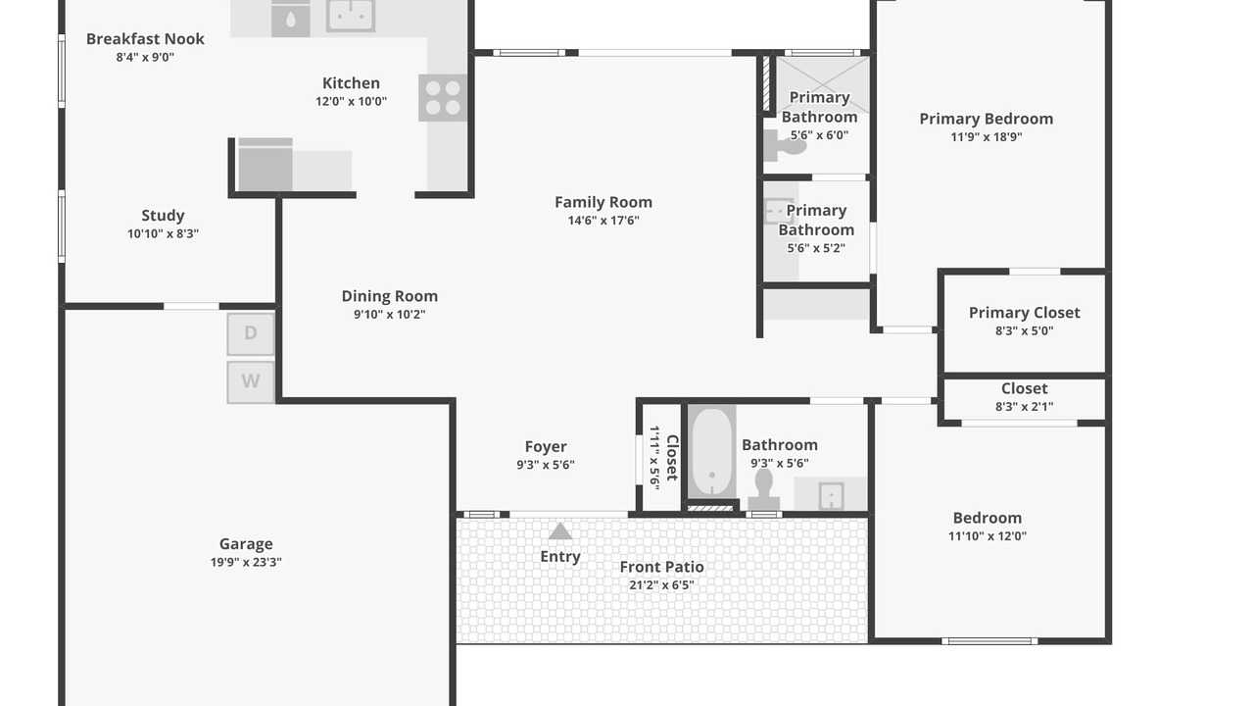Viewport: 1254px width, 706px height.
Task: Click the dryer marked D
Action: (x=250, y=334)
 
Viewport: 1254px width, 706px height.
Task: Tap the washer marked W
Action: (x=250, y=382)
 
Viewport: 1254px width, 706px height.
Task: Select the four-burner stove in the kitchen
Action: (x=443, y=97)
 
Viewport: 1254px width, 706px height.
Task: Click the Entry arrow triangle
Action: (x=559, y=531)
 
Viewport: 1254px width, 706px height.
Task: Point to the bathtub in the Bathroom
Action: (x=711, y=452)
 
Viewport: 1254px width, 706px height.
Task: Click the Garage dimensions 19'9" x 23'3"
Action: (x=246, y=562)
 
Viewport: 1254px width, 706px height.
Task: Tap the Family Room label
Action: (x=603, y=202)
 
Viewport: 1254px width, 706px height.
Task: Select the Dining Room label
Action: (x=390, y=296)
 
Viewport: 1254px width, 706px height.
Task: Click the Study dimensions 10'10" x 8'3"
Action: (x=163, y=233)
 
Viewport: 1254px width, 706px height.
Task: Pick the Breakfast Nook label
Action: (x=145, y=38)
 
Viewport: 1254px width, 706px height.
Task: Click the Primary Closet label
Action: (x=1025, y=313)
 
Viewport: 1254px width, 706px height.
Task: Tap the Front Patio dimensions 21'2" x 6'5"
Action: (x=661, y=585)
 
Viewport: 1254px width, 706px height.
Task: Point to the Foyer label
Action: (x=546, y=447)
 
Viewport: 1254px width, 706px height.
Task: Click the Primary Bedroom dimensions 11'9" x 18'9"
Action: (x=987, y=136)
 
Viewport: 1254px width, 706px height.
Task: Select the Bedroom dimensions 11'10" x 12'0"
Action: (x=988, y=535)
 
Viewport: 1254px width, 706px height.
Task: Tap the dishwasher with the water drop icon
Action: (x=291, y=19)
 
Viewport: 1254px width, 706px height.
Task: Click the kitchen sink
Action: (x=351, y=15)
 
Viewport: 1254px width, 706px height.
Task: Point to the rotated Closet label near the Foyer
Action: (x=672, y=458)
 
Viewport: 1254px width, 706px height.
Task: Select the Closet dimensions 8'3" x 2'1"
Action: (x=1025, y=407)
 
